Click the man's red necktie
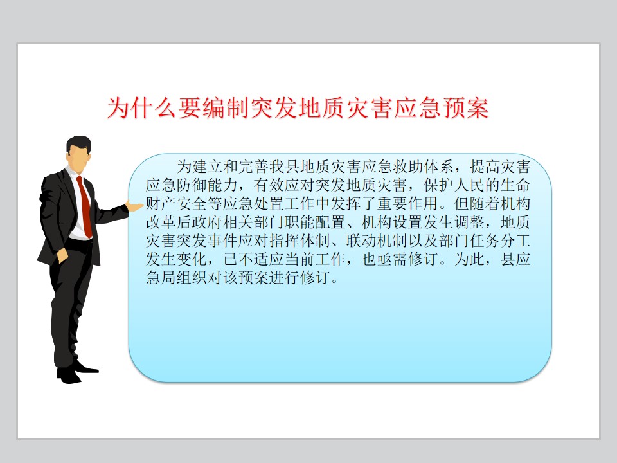pyautogui.click(x=85, y=206)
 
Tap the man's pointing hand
pyautogui.click(x=134, y=206)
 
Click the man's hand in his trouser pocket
pyautogui.click(x=62, y=255)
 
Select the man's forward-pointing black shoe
pyautogui.click(x=85, y=367)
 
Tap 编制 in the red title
pyautogui.click(x=226, y=108)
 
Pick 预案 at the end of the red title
pyautogui.click(x=466, y=108)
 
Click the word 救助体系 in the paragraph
pyautogui.click(x=423, y=167)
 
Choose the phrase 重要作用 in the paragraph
pyautogui.click(x=407, y=204)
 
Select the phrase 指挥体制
pyautogui.click(x=300, y=241)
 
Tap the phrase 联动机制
pyautogui.click(x=377, y=241)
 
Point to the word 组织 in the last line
pyautogui.click(x=192, y=278)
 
